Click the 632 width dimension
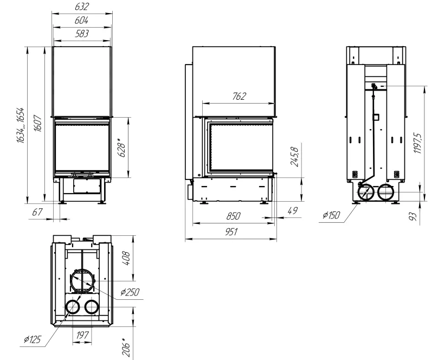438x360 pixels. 81,7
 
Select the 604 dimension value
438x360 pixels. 81,21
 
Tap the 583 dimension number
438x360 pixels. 82,34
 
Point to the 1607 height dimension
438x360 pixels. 38,123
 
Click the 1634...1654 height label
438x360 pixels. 21,125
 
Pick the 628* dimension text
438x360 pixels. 122,147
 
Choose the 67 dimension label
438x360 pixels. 37,212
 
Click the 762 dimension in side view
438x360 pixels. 239,97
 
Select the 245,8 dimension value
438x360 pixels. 295,157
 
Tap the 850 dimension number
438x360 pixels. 233,216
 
